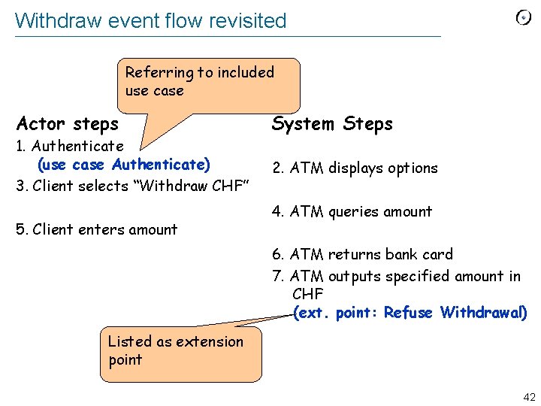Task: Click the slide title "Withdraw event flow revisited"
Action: click(150, 20)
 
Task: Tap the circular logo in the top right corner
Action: click(523, 18)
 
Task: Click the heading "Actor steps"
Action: click(68, 123)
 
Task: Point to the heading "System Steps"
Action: click(332, 123)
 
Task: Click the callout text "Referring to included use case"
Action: click(199, 81)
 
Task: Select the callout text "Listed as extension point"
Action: click(175, 350)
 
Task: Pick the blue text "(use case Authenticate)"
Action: click(124, 164)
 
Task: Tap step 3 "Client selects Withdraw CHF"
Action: click(132, 185)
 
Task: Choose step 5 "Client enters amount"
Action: click(97, 229)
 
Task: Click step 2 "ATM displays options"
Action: click(355, 168)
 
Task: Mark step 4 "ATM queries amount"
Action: click(352, 211)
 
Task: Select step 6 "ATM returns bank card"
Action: click(362, 254)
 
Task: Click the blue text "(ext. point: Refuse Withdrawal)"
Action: click(410, 312)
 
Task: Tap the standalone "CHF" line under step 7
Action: click(307, 293)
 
